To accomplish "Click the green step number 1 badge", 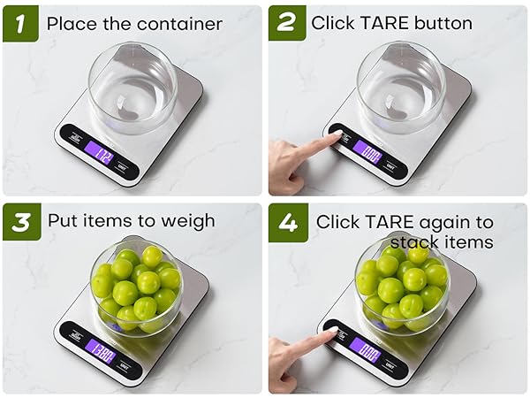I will click(x=19, y=23).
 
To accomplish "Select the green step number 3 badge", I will click(x=19, y=221).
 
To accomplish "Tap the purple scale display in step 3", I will click(x=103, y=353).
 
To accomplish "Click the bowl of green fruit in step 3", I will click(x=135, y=283).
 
